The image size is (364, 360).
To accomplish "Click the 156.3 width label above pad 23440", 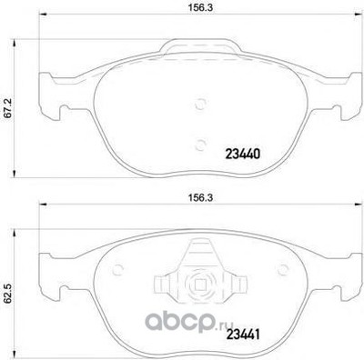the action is [200, 8].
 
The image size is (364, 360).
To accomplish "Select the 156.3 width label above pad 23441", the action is [200, 198].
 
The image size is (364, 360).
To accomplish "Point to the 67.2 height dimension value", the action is [8, 109].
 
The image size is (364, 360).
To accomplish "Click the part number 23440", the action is [242, 155].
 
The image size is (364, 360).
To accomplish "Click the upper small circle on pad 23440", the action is [200, 105].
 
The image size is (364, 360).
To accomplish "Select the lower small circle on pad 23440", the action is [200, 145].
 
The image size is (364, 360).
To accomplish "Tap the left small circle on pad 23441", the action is [117, 269].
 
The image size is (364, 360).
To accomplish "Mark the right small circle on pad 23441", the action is [283, 269].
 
